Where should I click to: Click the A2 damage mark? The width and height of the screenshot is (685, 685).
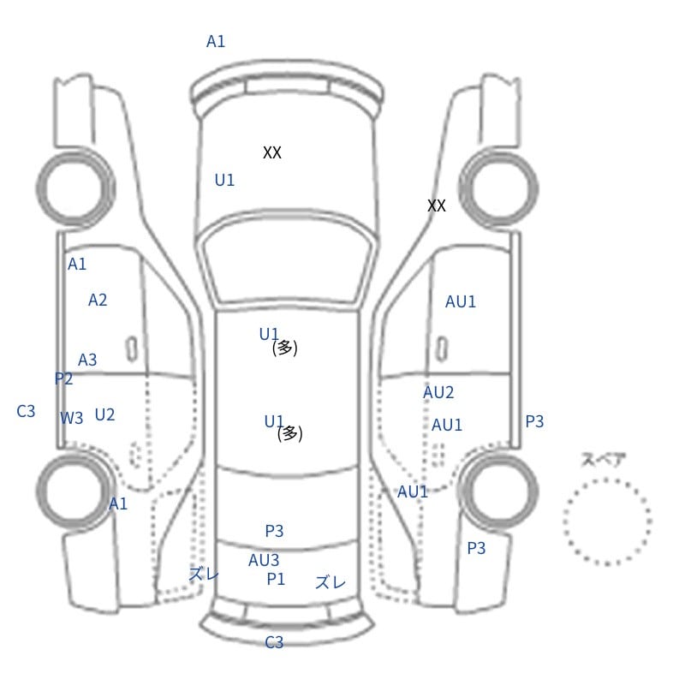tap(98, 301)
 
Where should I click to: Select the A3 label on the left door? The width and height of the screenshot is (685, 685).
tap(87, 360)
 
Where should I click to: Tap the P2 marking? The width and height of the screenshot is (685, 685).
tap(63, 378)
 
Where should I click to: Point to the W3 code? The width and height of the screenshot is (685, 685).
tap(72, 418)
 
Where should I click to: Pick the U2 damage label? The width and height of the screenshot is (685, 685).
tap(104, 414)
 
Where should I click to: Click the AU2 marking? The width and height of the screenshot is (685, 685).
tap(438, 392)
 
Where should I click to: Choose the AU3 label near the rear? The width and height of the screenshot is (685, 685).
tap(264, 560)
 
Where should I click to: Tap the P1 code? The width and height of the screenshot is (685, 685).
tap(276, 580)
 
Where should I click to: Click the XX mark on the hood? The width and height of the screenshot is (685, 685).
tap(272, 152)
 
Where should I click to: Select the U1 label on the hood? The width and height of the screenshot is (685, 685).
tap(224, 180)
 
